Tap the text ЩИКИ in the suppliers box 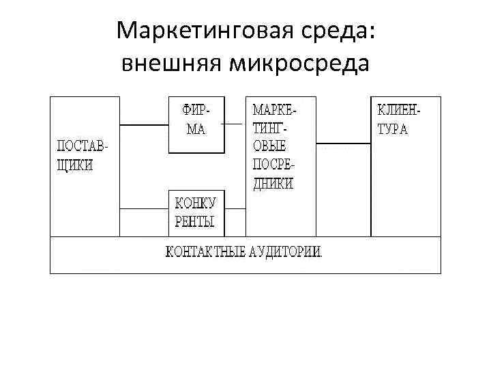[x=74, y=166]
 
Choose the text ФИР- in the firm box [x=195, y=110]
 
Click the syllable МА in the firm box [x=196, y=129]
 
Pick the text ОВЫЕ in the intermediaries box [x=269, y=146]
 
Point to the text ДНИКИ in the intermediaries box [x=273, y=183]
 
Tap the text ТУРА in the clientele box [x=393, y=129]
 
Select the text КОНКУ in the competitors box [x=196, y=203]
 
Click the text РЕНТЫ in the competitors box [x=195, y=221]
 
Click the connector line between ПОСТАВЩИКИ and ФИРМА [x=144, y=125]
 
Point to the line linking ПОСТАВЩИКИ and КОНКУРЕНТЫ [x=144, y=208]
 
